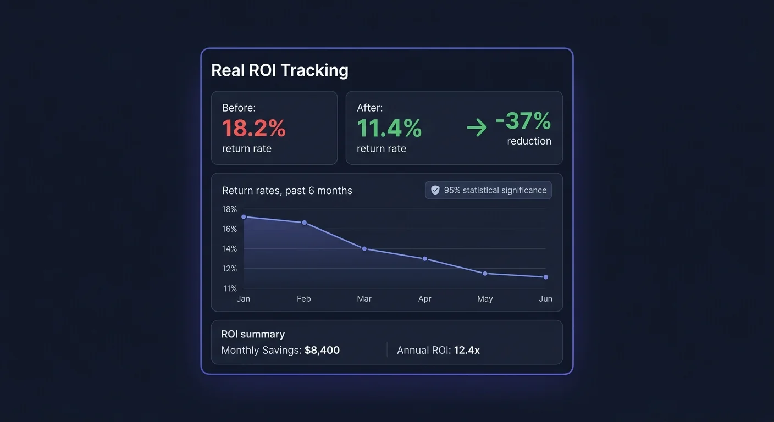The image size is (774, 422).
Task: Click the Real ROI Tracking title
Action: tap(279, 70)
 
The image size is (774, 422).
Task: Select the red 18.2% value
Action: tap(254, 128)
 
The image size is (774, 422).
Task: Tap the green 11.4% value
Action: tap(389, 128)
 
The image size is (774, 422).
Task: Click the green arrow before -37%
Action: tap(477, 129)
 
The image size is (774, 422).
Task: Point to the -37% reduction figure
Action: tap(523, 121)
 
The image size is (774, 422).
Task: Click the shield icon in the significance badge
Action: tap(435, 190)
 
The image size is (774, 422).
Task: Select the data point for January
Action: tap(244, 216)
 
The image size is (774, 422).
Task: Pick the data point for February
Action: tap(304, 223)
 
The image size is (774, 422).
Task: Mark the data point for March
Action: tap(364, 249)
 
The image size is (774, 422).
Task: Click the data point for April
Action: tap(424, 258)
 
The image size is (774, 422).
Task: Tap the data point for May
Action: tap(485, 273)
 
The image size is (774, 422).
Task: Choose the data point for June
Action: tap(545, 277)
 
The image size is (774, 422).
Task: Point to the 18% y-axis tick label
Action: tap(229, 209)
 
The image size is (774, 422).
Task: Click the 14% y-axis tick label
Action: tap(229, 248)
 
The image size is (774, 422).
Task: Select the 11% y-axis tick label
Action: tap(229, 288)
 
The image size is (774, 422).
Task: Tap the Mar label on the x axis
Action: tap(364, 299)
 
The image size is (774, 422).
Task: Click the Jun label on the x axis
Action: tap(545, 299)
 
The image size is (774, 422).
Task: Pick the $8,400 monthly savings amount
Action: tap(322, 350)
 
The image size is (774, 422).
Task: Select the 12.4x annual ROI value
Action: tap(467, 350)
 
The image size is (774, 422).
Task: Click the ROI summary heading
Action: tap(253, 334)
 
